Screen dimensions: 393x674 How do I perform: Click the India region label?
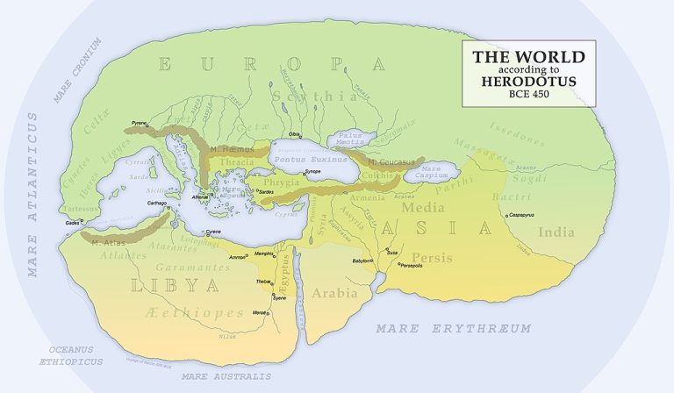[x=555, y=233]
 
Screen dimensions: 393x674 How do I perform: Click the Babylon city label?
[x=363, y=261]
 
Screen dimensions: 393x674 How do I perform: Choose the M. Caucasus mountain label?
[x=389, y=162]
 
